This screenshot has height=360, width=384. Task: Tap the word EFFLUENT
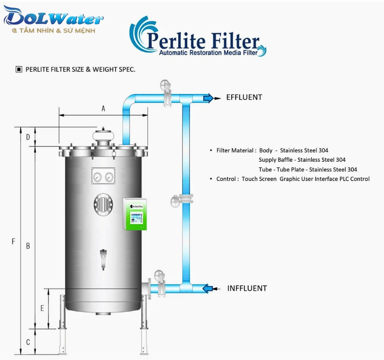(244, 97)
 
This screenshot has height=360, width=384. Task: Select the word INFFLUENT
(247, 288)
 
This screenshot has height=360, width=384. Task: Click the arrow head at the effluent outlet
(208, 98)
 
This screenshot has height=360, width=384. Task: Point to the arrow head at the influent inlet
(207, 288)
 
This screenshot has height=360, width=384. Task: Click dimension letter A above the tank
(103, 109)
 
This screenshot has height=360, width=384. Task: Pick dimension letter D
(28, 137)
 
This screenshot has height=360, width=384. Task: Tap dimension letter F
(13, 241)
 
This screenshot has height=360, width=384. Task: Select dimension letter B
(28, 246)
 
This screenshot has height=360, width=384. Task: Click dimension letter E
(42, 309)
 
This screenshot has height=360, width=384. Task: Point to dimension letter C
(28, 343)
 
